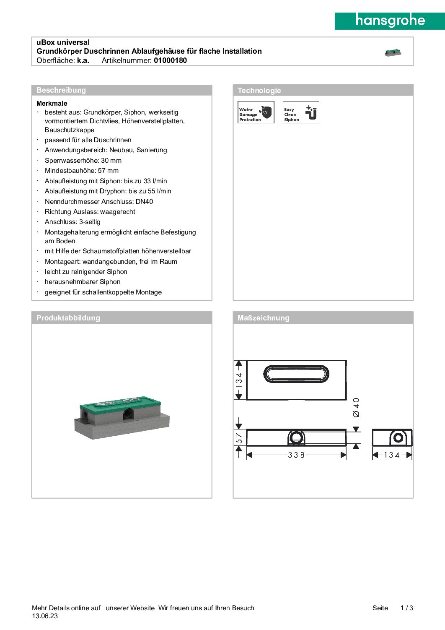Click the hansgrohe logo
pos(390,21)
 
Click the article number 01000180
pos(170,60)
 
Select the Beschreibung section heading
pos(61,90)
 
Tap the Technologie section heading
pos(259,91)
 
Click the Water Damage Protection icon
pos(256,112)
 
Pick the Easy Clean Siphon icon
pos(301,112)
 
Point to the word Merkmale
pos(52,103)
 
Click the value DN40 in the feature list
pos(145,202)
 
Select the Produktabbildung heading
pos(68,318)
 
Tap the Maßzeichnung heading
pos(263,318)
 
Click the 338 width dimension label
pos(296,455)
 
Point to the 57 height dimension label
pos(239,438)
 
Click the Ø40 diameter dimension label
pos(356,407)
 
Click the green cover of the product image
pos(119,403)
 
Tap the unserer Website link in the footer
pos(130,608)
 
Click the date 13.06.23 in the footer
pos(45,616)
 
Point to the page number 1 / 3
pos(406,608)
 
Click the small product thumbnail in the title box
pos(393,52)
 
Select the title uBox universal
pos(63,42)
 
